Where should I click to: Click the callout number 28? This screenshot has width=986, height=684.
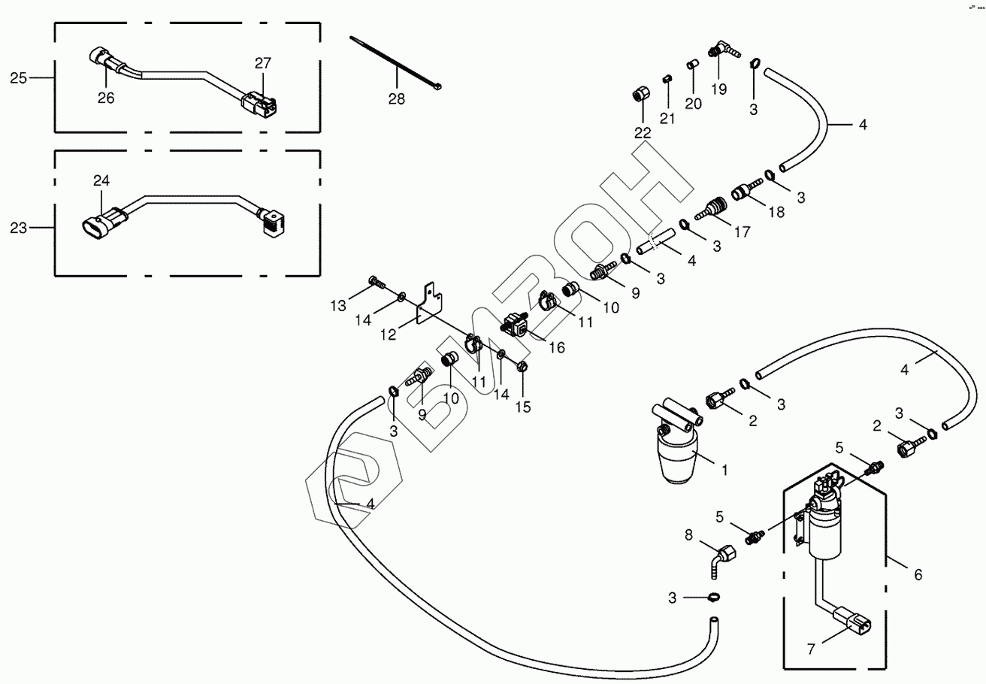397,98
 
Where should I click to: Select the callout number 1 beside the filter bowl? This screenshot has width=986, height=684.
724,471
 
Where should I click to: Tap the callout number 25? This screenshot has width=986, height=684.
19,77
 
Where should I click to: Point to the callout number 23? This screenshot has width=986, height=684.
19,227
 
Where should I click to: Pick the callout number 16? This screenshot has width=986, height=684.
557,347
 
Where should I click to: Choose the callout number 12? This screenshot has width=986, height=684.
388,335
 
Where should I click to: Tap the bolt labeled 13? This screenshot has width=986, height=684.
377,283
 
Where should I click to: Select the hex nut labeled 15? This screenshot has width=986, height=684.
524,366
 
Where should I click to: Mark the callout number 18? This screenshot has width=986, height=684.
776,212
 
